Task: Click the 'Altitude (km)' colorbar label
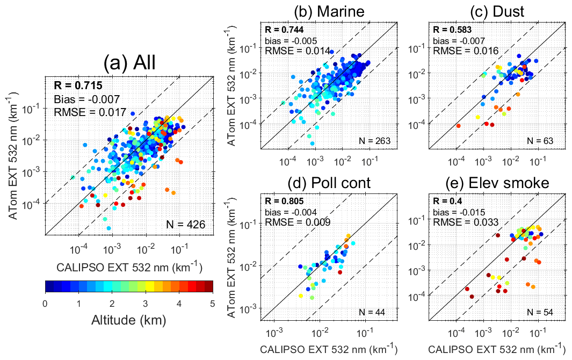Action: coord(128,321)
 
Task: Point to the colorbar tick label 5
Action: coord(212,304)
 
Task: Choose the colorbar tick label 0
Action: coord(46,304)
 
